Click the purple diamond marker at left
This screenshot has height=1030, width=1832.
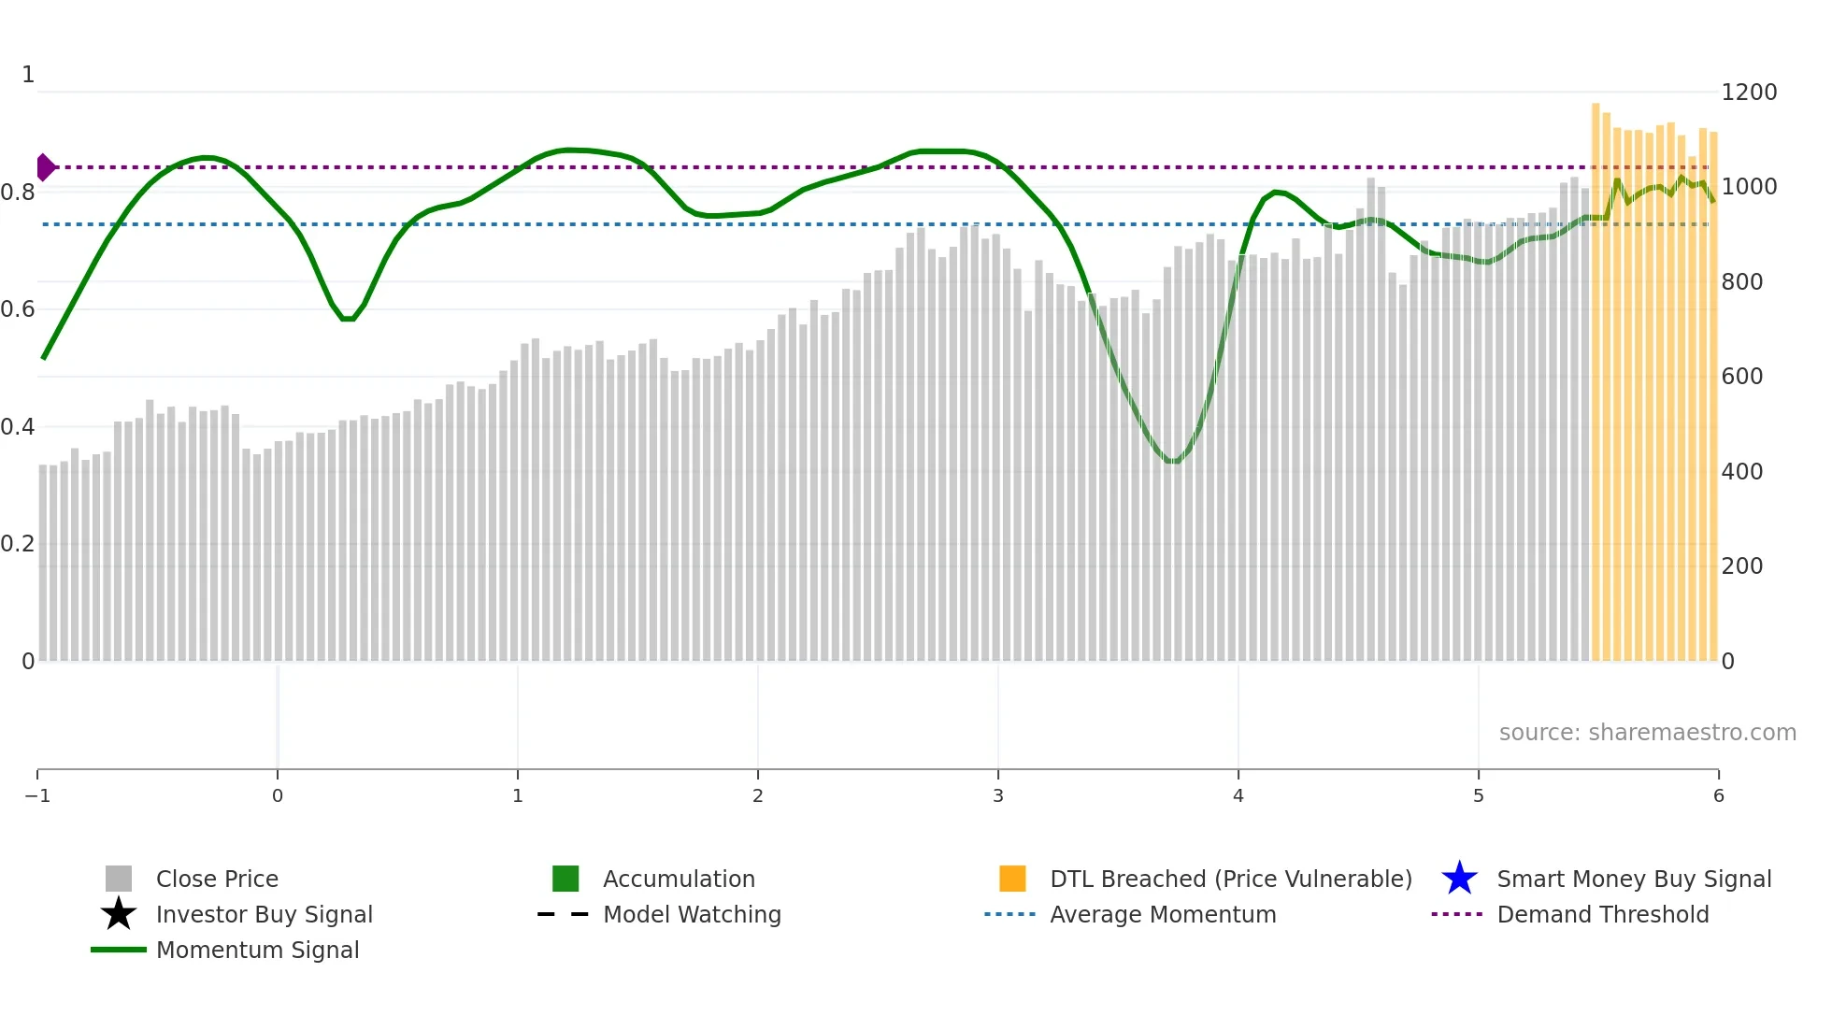coord(45,167)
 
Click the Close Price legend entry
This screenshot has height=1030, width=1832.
coord(216,879)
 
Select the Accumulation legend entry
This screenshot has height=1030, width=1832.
coord(678,879)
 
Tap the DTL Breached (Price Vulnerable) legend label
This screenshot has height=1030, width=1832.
coord(1230,879)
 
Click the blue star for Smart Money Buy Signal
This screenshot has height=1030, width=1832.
coord(1459,879)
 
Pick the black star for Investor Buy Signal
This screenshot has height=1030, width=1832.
coord(119,914)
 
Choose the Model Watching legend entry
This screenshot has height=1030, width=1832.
coord(691,914)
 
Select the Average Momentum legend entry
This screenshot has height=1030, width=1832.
coord(1162,914)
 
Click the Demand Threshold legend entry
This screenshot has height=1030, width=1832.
coord(1602,914)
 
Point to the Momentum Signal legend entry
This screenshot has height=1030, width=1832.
coord(257,950)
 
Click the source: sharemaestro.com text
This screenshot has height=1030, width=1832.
coord(1647,732)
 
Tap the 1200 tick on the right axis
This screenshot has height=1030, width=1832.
coord(1748,92)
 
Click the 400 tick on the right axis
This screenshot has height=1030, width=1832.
coord(1741,471)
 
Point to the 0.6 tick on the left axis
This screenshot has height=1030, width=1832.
coord(18,308)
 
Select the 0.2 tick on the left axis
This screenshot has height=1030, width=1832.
coord(18,543)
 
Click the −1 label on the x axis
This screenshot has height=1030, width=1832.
coord(37,795)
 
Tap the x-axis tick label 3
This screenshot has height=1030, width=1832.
coord(998,795)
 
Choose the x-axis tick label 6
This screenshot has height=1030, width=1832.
coord(1718,795)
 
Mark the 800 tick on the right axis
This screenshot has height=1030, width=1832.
coord(1741,281)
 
